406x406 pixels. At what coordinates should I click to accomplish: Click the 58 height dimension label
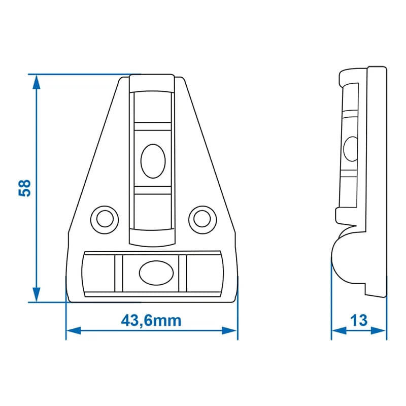tap(25, 188)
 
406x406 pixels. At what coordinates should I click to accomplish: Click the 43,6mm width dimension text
tap(151, 320)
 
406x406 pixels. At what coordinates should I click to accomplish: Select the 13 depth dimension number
tap(359, 320)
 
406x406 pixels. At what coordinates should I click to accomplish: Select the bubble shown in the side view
tap(350, 148)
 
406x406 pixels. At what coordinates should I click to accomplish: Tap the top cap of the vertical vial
tap(153, 84)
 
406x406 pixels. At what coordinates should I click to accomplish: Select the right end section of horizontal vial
tap(204, 273)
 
